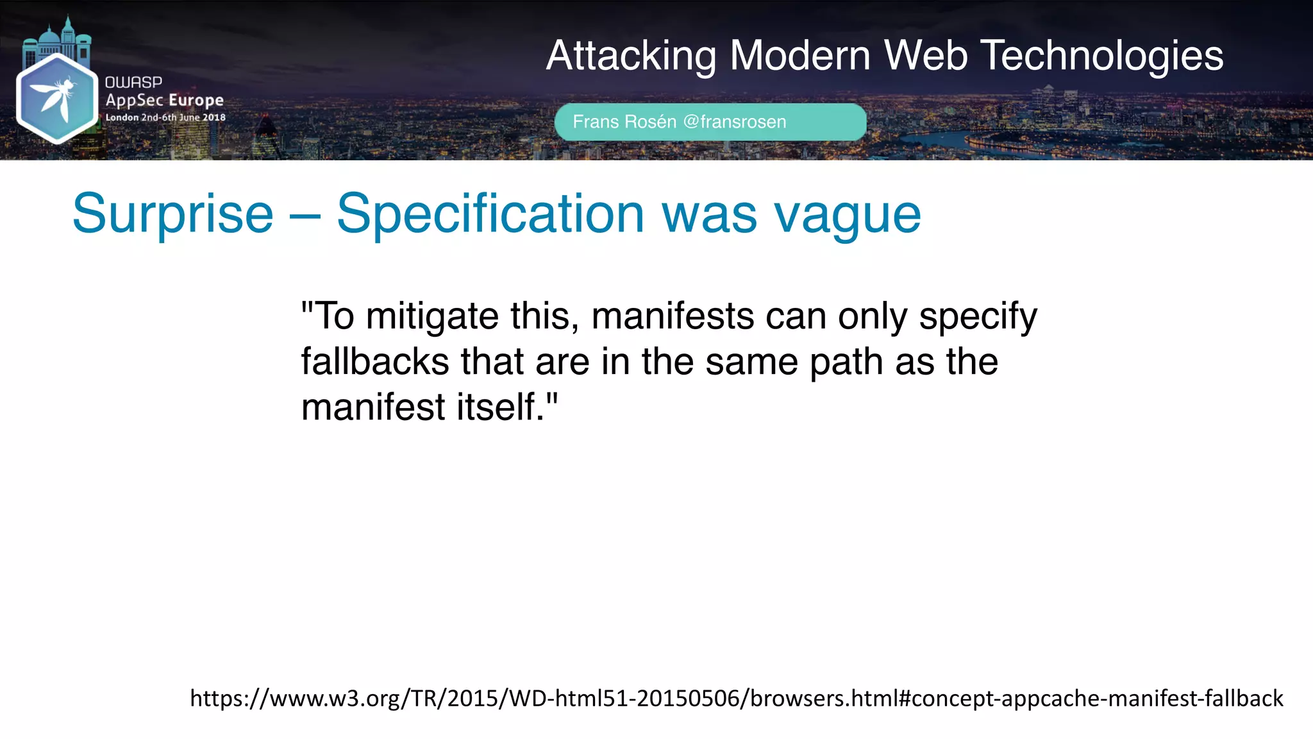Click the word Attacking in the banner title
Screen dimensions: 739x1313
coord(631,56)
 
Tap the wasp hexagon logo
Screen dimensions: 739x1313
coord(56,98)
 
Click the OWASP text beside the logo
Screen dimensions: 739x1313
coord(133,82)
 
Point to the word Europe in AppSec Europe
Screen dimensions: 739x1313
coord(196,100)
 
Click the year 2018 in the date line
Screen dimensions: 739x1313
coord(214,117)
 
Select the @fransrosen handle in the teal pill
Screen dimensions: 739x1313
coord(735,122)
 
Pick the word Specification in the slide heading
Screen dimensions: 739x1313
coord(490,214)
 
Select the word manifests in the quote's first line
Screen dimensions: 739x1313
coord(673,316)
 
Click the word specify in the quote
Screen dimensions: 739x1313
coord(978,318)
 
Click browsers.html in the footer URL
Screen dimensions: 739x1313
coord(824,698)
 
